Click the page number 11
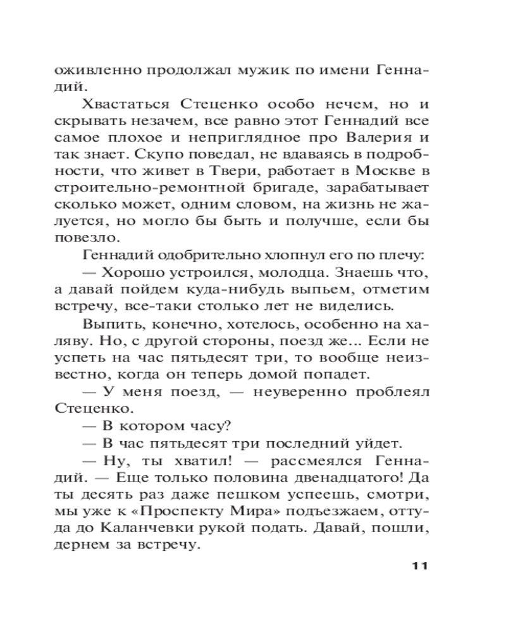pyautogui.click(x=415, y=565)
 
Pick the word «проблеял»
pyautogui.click(x=392, y=392)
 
